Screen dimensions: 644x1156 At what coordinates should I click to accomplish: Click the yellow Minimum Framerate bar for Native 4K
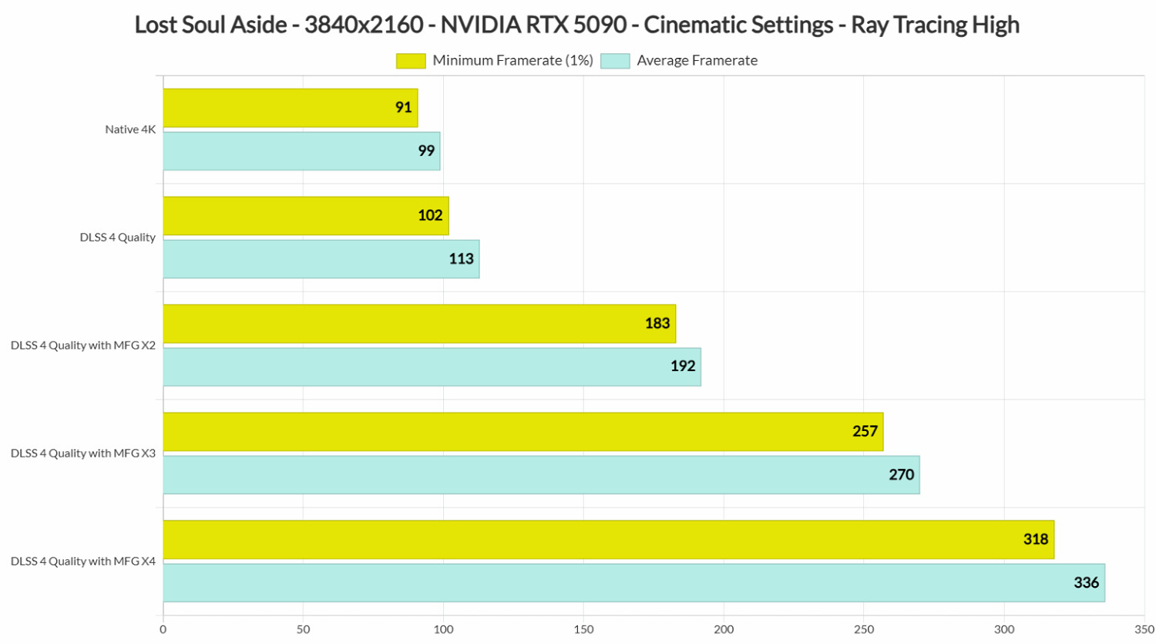pyautogui.click(x=290, y=108)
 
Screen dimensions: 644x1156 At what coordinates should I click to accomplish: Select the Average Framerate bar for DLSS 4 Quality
pyautogui.click(x=321, y=259)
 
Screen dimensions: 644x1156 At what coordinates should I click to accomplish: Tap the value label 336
pyautogui.click(x=1086, y=583)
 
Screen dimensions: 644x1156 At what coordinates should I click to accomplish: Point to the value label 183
pyautogui.click(x=657, y=324)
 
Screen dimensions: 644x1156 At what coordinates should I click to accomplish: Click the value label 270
pyautogui.click(x=901, y=475)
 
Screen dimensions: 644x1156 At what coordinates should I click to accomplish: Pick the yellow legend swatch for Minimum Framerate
pyautogui.click(x=411, y=61)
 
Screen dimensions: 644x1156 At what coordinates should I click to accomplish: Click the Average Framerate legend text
pyautogui.click(x=697, y=61)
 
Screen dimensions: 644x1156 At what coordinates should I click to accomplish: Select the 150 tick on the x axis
pyautogui.click(x=583, y=629)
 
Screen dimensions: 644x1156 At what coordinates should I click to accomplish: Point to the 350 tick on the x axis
pyautogui.click(x=1144, y=629)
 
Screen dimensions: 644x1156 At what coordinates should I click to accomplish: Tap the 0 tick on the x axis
pyautogui.click(x=163, y=629)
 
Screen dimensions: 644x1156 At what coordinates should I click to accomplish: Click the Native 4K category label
pyautogui.click(x=130, y=130)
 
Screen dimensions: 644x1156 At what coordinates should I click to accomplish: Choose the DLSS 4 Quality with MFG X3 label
pyautogui.click(x=83, y=453)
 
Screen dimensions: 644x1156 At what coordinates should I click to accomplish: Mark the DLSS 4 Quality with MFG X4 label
pyautogui.click(x=83, y=561)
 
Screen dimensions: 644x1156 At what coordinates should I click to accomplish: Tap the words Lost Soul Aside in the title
pyautogui.click(x=211, y=25)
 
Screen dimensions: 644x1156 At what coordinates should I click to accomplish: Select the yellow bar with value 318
pyautogui.click(x=608, y=540)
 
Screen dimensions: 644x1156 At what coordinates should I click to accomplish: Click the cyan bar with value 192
pyautogui.click(x=432, y=367)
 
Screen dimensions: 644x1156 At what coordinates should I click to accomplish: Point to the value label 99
pyautogui.click(x=426, y=151)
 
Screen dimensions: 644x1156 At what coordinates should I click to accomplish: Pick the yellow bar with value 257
pyautogui.click(x=523, y=432)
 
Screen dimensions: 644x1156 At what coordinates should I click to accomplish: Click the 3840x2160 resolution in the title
pyautogui.click(x=364, y=25)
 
